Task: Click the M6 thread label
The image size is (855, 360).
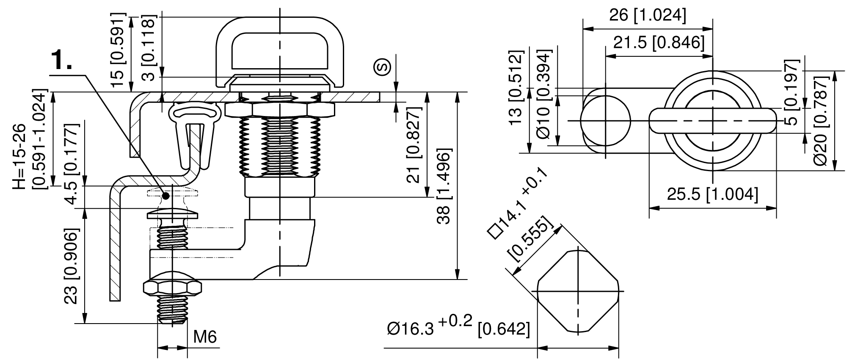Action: tap(205, 337)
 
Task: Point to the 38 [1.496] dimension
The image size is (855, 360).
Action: tap(445, 186)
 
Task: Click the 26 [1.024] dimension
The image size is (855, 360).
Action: tap(647, 16)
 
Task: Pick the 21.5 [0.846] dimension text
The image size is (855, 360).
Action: tap(659, 43)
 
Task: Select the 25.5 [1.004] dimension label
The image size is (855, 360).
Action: tap(712, 194)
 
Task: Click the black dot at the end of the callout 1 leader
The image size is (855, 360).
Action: tap(165, 196)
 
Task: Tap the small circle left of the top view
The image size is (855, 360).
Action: tap(605, 121)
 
